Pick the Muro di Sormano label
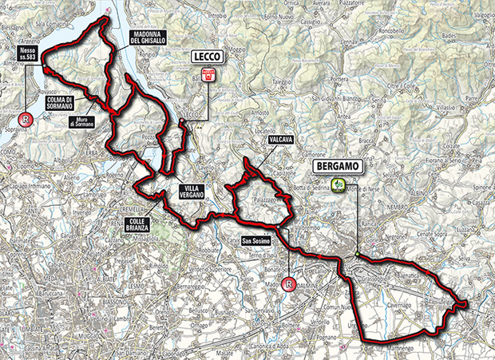(82, 122)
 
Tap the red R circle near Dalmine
(292, 282)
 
